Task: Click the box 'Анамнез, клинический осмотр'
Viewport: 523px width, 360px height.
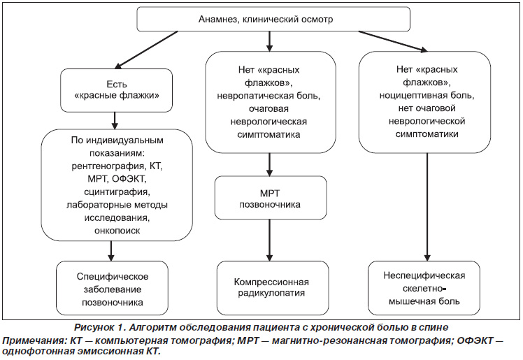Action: click(x=273, y=20)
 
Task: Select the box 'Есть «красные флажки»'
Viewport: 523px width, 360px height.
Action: click(x=116, y=90)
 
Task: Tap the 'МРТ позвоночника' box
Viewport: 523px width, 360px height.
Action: click(x=271, y=198)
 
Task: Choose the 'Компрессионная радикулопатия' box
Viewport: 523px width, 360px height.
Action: click(x=273, y=288)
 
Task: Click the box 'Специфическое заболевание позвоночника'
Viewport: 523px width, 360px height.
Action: click(x=112, y=288)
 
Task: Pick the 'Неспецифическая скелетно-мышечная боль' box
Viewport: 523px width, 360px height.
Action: click(x=424, y=288)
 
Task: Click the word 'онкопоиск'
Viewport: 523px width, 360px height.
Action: click(x=117, y=231)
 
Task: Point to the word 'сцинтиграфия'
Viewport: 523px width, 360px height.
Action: click(x=117, y=192)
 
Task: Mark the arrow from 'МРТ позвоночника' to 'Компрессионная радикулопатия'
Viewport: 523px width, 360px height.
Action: click(x=269, y=240)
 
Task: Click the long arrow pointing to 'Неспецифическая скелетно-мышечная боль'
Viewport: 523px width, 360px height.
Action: click(x=427, y=207)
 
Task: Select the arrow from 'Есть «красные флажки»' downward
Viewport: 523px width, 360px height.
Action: click(x=115, y=121)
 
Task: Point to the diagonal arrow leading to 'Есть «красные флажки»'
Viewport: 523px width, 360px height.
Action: click(x=146, y=50)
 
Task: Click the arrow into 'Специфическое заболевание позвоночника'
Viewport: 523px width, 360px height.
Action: click(x=111, y=251)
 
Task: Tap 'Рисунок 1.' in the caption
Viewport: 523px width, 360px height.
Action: click(x=99, y=327)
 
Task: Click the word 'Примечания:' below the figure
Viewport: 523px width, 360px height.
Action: click(x=34, y=341)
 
